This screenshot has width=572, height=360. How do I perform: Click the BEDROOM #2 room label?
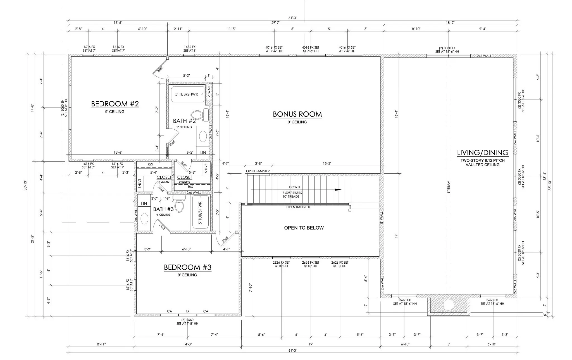tap(115, 104)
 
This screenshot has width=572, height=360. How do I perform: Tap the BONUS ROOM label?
tap(297, 114)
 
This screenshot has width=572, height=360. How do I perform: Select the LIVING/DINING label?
tap(483, 152)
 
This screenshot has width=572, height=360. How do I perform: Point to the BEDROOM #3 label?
tap(187, 267)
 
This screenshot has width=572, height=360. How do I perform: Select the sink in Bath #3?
tap(144, 218)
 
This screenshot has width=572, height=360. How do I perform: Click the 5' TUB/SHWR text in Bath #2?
tap(187, 94)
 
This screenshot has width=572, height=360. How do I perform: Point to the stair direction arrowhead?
tap(338, 190)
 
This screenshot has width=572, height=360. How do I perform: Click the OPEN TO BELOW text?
tap(304, 228)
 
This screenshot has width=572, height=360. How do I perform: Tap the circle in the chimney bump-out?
tap(449, 305)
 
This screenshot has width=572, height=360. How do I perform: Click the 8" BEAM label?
tap(449, 187)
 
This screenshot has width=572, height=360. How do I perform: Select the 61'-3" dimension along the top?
tap(292, 18)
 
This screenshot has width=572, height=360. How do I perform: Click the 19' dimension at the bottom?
tap(311, 344)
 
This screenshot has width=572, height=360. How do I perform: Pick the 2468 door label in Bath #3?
tap(162, 227)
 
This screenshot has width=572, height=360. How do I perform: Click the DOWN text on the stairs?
tap(294, 187)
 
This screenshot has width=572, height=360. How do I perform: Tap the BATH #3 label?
tap(163, 209)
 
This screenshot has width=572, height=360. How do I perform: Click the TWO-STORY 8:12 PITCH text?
tap(483, 161)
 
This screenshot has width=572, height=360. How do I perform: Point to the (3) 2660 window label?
tap(187, 320)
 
